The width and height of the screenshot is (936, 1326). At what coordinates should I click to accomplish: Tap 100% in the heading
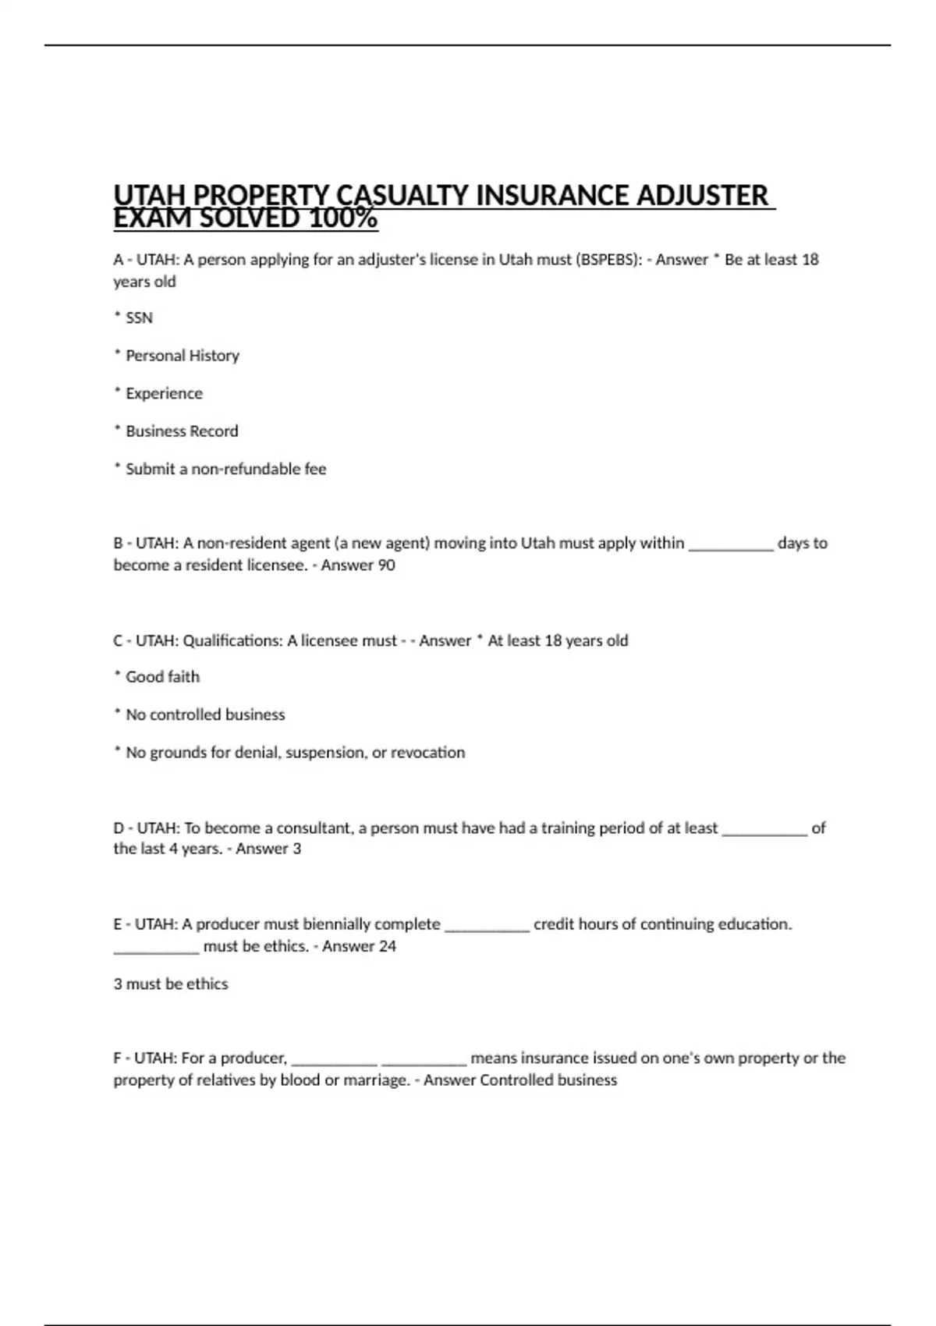pyautogui.click(x=343, y=218)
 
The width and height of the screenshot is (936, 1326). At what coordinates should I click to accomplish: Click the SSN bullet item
pyautogui.click(x=139, y=318)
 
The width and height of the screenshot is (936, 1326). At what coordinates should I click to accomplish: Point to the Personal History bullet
pyautogui.click(x=182, y=356)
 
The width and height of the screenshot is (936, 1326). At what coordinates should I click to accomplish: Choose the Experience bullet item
pyautogui.click(x=164, y=394)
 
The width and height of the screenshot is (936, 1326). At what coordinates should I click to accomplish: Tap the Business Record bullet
pyautogui.click(x=182, y=431)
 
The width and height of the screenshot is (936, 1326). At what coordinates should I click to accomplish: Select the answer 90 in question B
pyautogui.click(x=386, y=565)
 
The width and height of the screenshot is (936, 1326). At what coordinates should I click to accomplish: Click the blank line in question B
pyautogui.click(x=731, y=544)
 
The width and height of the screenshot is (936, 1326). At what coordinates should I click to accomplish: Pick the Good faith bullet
pyautogui.click(x=162, y=677)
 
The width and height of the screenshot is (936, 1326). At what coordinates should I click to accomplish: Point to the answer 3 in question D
pyautogui.click(x=296, y=849)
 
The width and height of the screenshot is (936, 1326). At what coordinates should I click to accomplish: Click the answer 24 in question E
pyautogui.click(x=387, y=947)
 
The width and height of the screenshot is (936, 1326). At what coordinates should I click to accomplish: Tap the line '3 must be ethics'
pyautogui.click(x=171, y=984)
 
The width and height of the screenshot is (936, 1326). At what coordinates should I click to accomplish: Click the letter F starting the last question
pyautogui.click(x=118, y=1058)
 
